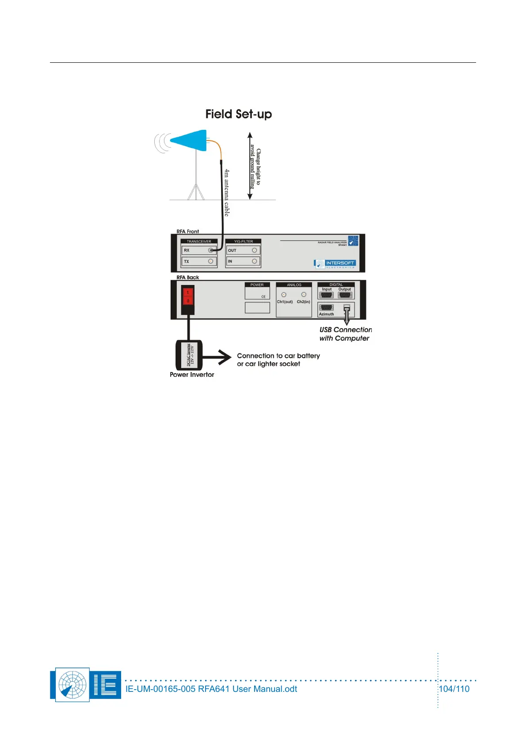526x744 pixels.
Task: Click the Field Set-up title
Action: [239, 114]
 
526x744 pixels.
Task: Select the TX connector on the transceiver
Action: [211, 262]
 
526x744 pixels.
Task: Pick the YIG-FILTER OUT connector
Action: [255, 251]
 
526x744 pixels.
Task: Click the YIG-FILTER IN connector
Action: [255, 262]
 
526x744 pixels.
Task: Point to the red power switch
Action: [188, 296]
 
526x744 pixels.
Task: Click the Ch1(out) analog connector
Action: [284, 295]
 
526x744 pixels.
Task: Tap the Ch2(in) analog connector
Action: [304, 295]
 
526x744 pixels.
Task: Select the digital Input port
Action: [327, 295]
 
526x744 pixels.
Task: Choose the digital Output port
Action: [345, 295]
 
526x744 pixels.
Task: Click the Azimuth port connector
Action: [327, 308]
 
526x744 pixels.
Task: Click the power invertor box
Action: [189, 355]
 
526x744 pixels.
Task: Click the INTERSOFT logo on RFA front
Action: [335, 264]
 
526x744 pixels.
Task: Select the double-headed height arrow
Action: [250, 166]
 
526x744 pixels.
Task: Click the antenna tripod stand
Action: [196, 181]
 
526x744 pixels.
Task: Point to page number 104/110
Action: [454, 689]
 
